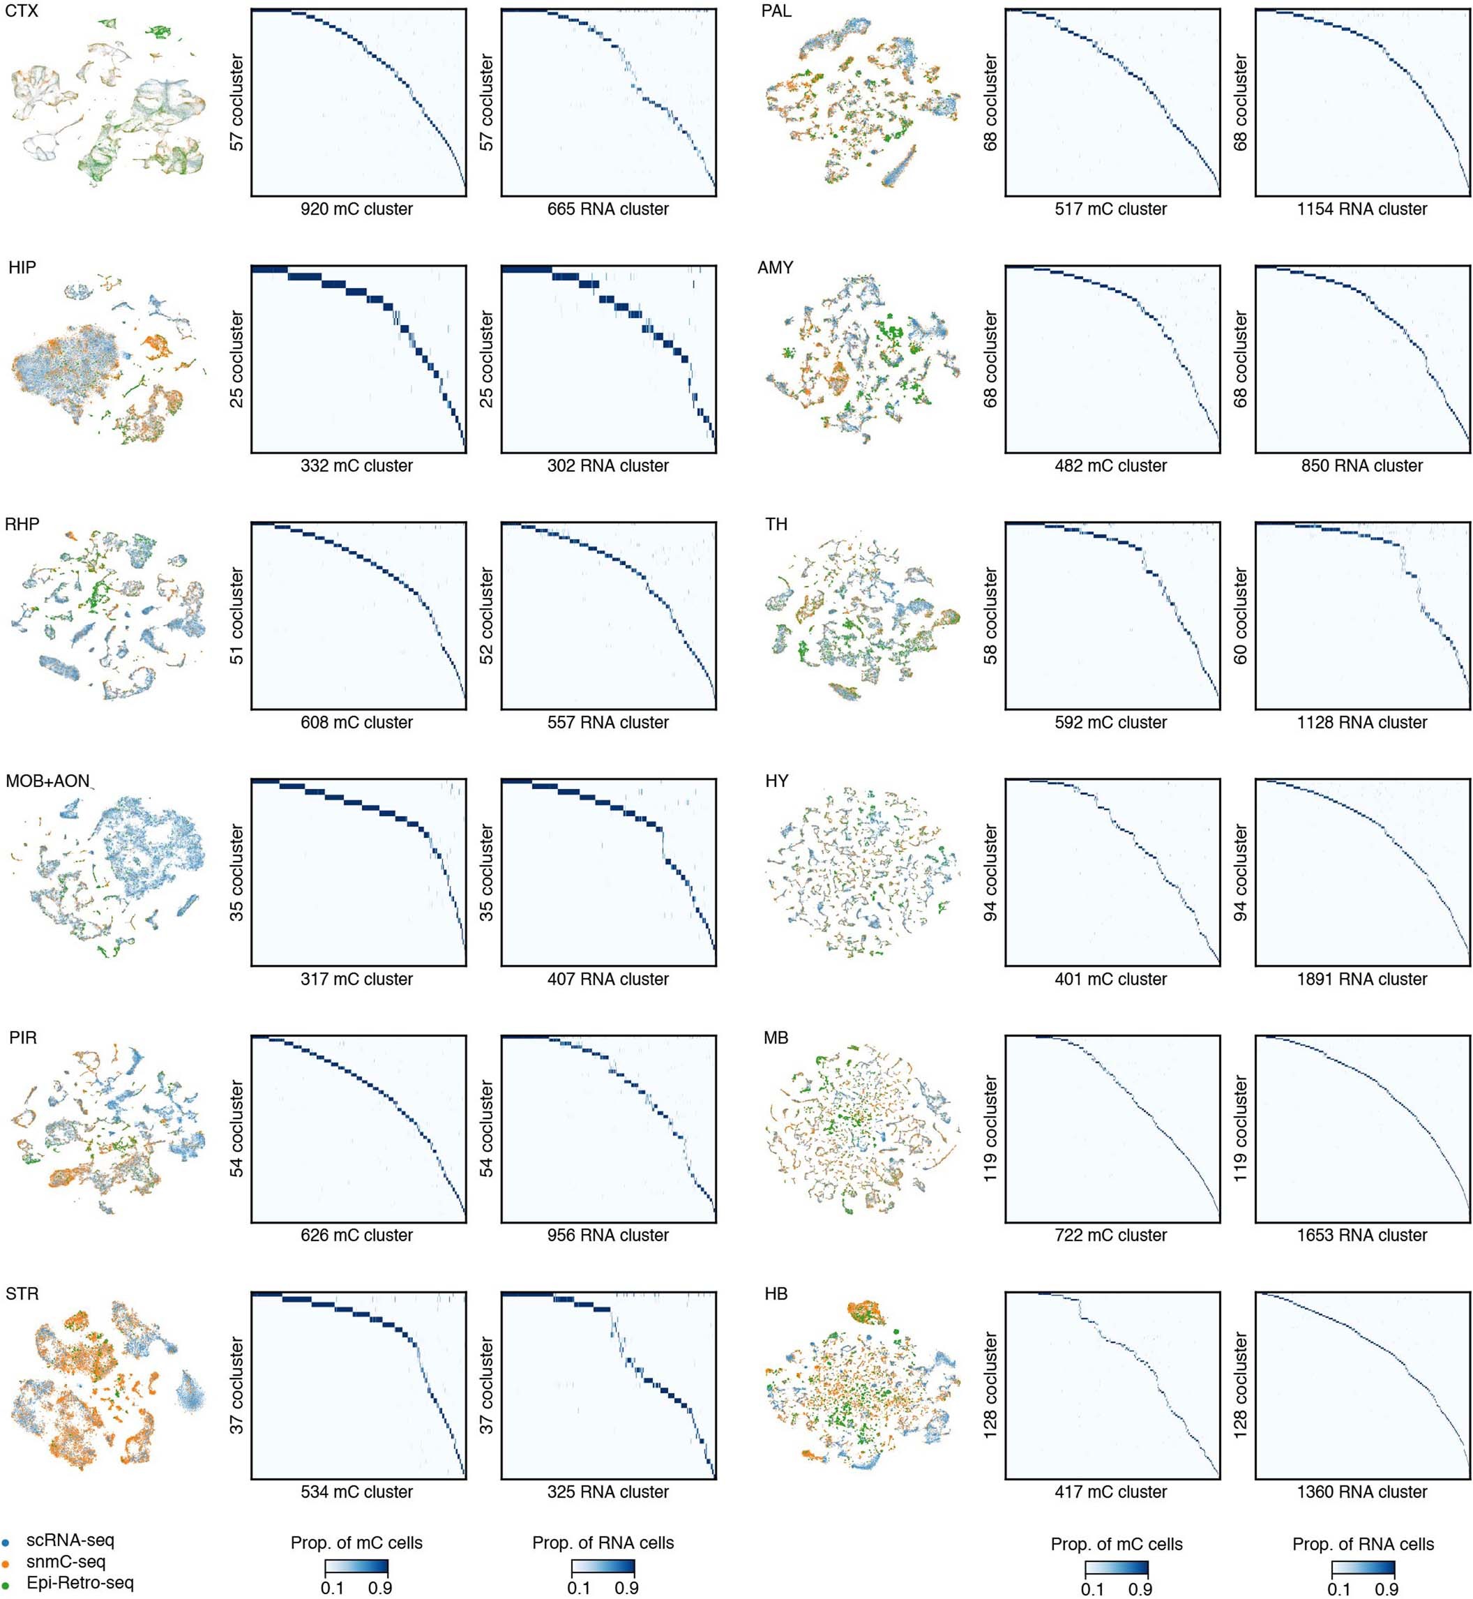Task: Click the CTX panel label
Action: pyautogui.click(x=22, y=11)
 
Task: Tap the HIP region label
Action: pyautogui.click(x=22, y=268)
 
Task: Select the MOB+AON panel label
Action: pyautogui.click(x=48, y=781)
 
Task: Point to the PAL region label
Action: pyautogui.click(x=776, y=11)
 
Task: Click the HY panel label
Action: pyautogui.click(x=776, y=781)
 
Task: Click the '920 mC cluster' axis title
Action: pyautogui.click(x=356, y=209)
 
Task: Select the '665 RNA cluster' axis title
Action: pyautogui.click(x=607, y=209)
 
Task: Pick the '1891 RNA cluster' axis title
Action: pyautogui.click(x=1361, y=979)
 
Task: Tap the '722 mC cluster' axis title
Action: pyautogui.click(x=1110, y=1236)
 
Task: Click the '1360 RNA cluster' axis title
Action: pyautogui.click(x=1361, y=1492)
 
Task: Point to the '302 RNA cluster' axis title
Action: pyautogui.click(x=607, y=466)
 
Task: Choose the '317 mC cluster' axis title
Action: pyautogui.click(x=356, y=979)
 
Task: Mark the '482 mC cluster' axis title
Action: pyautogui.click(x=1110, y=466)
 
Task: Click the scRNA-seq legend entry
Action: pyautogui.click(x=70, y=1541)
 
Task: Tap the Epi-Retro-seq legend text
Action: pyautogui.click(x=80, y=1583)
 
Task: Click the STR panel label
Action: pyautogui.click(x=22, y=1293)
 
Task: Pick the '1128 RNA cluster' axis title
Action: pyautogui.click(x=1361, y=723)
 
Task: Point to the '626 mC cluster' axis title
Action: pyautogui.click(x=356, y=1236)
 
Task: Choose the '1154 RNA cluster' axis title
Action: pyautogui.click(x=1361, y=209)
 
